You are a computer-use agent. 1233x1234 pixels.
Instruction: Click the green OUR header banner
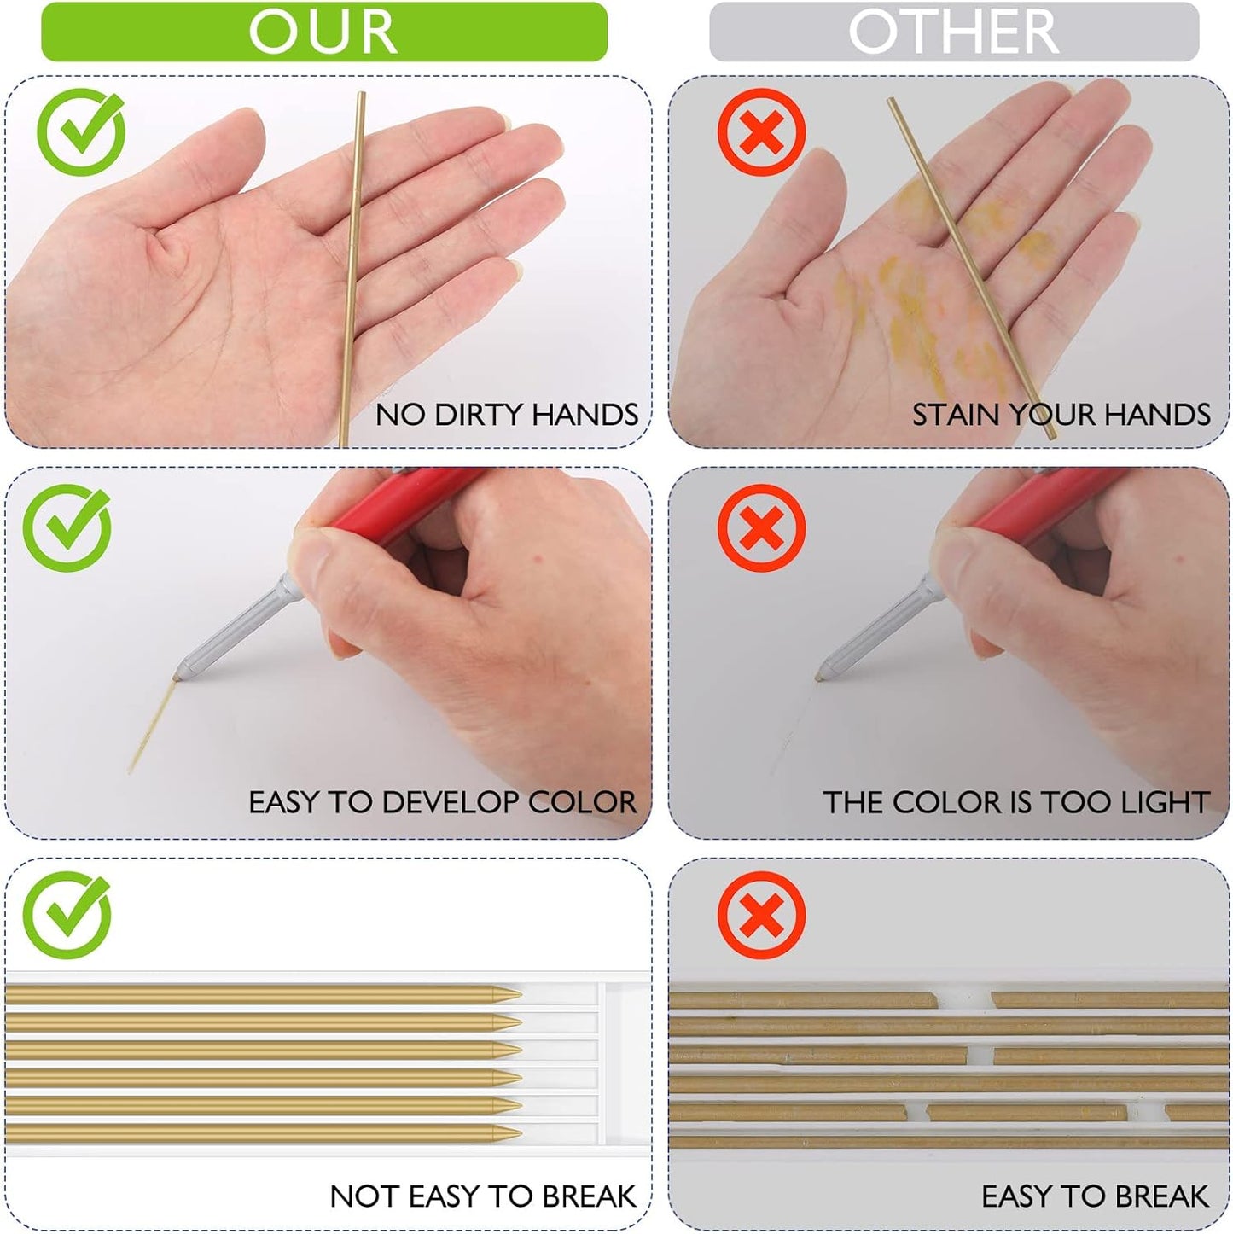tap(324, 32)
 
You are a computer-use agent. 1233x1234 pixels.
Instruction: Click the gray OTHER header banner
tap(954, 32)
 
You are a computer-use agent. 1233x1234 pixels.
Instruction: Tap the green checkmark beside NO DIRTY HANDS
tap(81, 132)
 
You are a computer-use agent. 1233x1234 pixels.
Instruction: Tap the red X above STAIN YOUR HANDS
tap(762, 132)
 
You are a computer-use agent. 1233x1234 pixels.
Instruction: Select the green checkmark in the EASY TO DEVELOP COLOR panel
tap(67, 527)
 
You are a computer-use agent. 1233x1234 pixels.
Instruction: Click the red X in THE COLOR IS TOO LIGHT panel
tap(762, 527)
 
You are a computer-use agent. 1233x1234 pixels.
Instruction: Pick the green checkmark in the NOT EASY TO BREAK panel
tap(67, 915)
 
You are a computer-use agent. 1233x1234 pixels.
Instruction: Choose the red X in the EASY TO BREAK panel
tap(762, 915)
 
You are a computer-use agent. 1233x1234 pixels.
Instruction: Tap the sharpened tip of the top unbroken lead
tap(521, 994)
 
